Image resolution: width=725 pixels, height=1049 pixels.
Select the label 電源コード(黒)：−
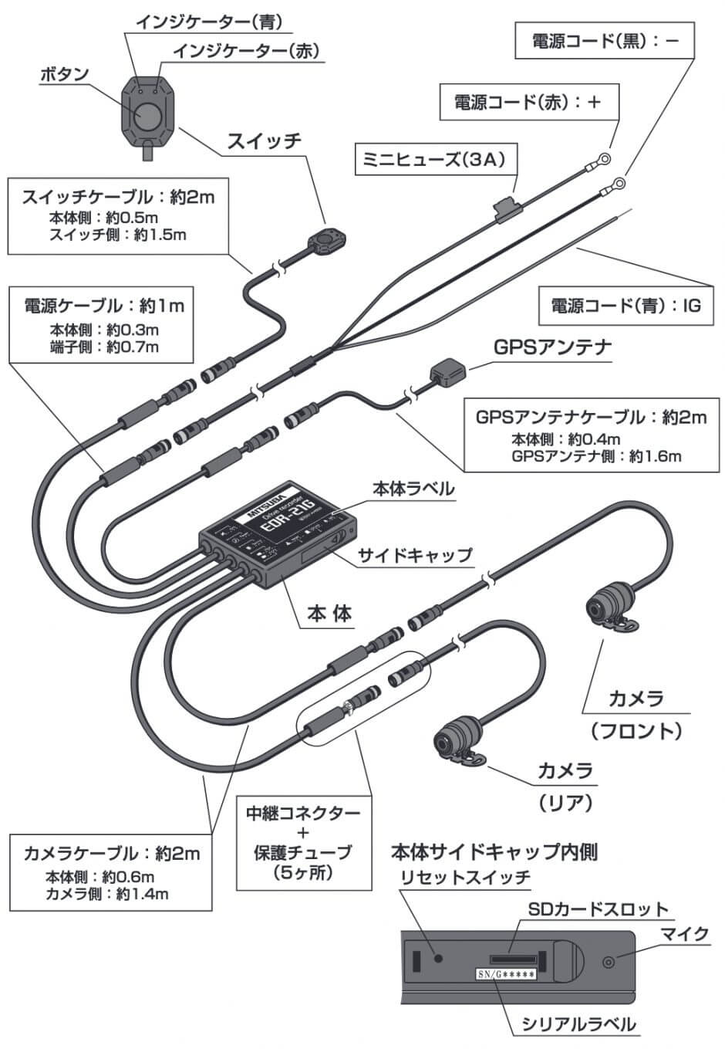605,41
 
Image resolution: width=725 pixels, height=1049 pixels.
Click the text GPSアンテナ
552,347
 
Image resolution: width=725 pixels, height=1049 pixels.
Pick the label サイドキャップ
414,554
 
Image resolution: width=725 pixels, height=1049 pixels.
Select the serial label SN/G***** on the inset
504,975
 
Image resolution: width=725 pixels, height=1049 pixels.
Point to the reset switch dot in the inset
439,958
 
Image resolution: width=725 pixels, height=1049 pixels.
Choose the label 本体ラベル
413,489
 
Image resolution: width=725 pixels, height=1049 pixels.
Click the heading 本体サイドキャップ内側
494,852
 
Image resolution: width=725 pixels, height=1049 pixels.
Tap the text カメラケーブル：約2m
112,853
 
